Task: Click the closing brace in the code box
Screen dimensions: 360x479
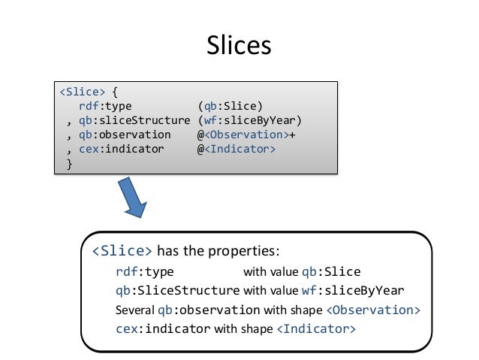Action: click(70, 164)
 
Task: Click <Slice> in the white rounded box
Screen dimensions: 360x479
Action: click(122, 250)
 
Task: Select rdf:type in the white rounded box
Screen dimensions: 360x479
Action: click(145, 271)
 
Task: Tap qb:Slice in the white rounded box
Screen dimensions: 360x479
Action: click(330, 271)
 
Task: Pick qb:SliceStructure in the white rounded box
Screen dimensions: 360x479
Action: click(178, 290)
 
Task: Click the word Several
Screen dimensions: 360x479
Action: click(135, 310)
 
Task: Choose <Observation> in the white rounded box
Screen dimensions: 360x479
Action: click(373, 310)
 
